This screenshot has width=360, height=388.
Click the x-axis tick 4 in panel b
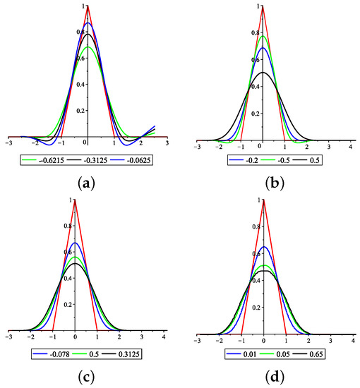[x=352, y=145]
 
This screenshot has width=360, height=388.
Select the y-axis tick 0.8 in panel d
[x=258, y=226]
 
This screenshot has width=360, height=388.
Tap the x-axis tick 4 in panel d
[x=352, y=341]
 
